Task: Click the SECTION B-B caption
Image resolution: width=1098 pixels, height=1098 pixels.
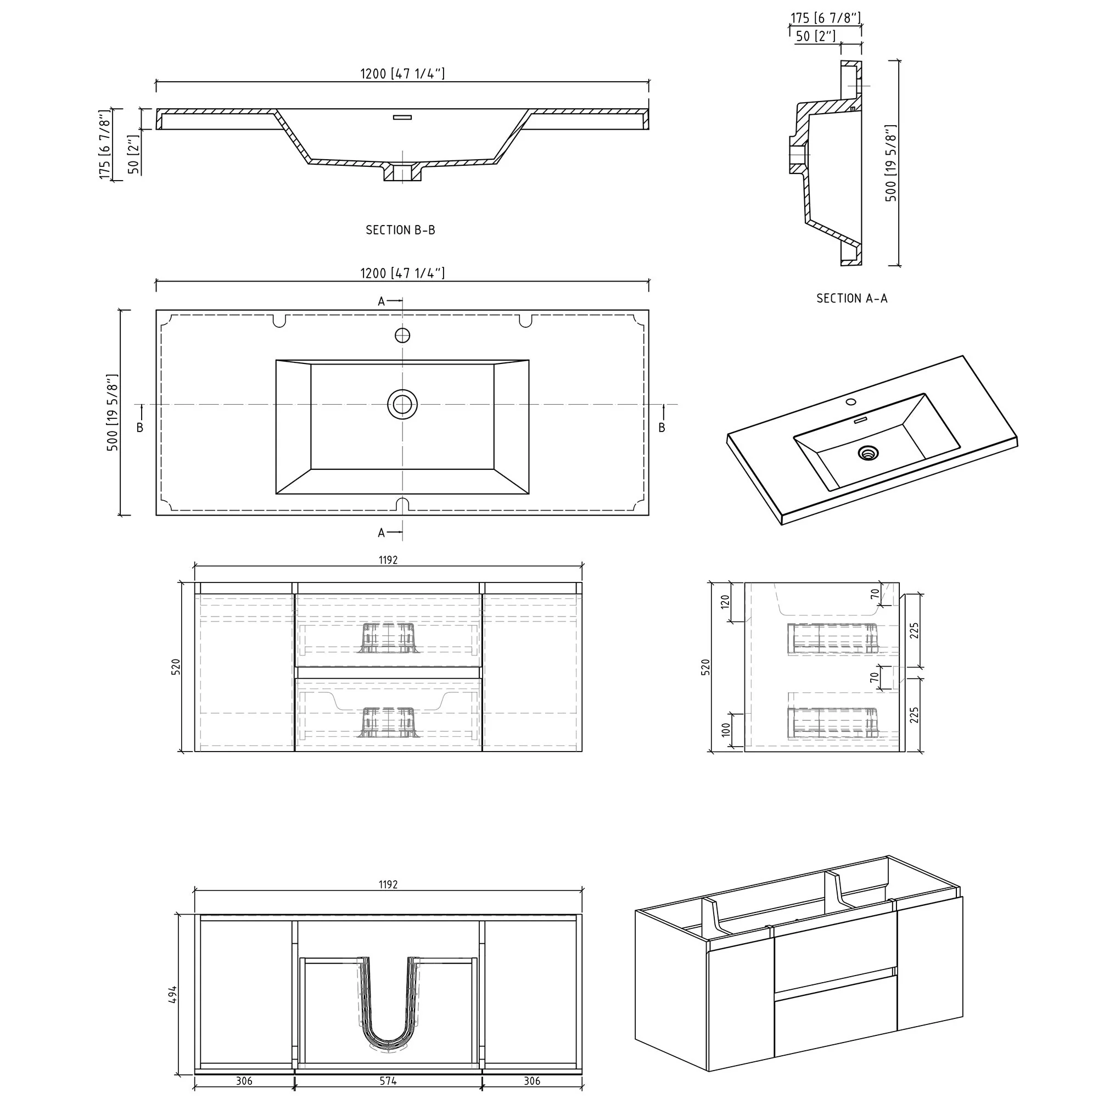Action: [401, 230]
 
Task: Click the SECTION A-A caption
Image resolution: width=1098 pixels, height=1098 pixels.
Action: [851, 298]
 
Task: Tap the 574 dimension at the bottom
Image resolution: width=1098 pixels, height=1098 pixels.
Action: [388, 1081]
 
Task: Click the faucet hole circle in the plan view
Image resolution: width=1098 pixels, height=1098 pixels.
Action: [402, 335]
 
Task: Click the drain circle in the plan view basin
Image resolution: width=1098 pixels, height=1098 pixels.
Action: [402, 405]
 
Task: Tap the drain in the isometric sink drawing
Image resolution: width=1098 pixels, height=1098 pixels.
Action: [868, 453]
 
